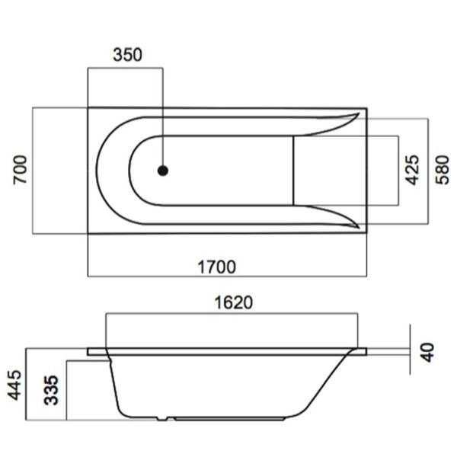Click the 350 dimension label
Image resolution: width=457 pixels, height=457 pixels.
(127, 55)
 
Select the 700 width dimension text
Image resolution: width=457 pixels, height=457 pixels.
(21, 169)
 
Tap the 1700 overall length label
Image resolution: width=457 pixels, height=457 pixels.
(217, 267)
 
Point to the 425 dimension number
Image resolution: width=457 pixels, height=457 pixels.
(412, 170)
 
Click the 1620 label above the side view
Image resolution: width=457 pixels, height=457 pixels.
(232, 302)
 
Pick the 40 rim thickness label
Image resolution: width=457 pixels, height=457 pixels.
(427, 351)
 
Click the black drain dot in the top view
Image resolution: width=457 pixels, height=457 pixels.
(162, 171)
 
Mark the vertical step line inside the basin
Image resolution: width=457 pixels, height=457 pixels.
(295, 170)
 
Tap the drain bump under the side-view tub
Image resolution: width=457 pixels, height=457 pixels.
(164, 419)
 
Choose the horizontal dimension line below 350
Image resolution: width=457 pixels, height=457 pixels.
(125, 68)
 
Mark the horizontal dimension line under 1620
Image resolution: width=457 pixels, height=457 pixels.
(232, 312)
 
